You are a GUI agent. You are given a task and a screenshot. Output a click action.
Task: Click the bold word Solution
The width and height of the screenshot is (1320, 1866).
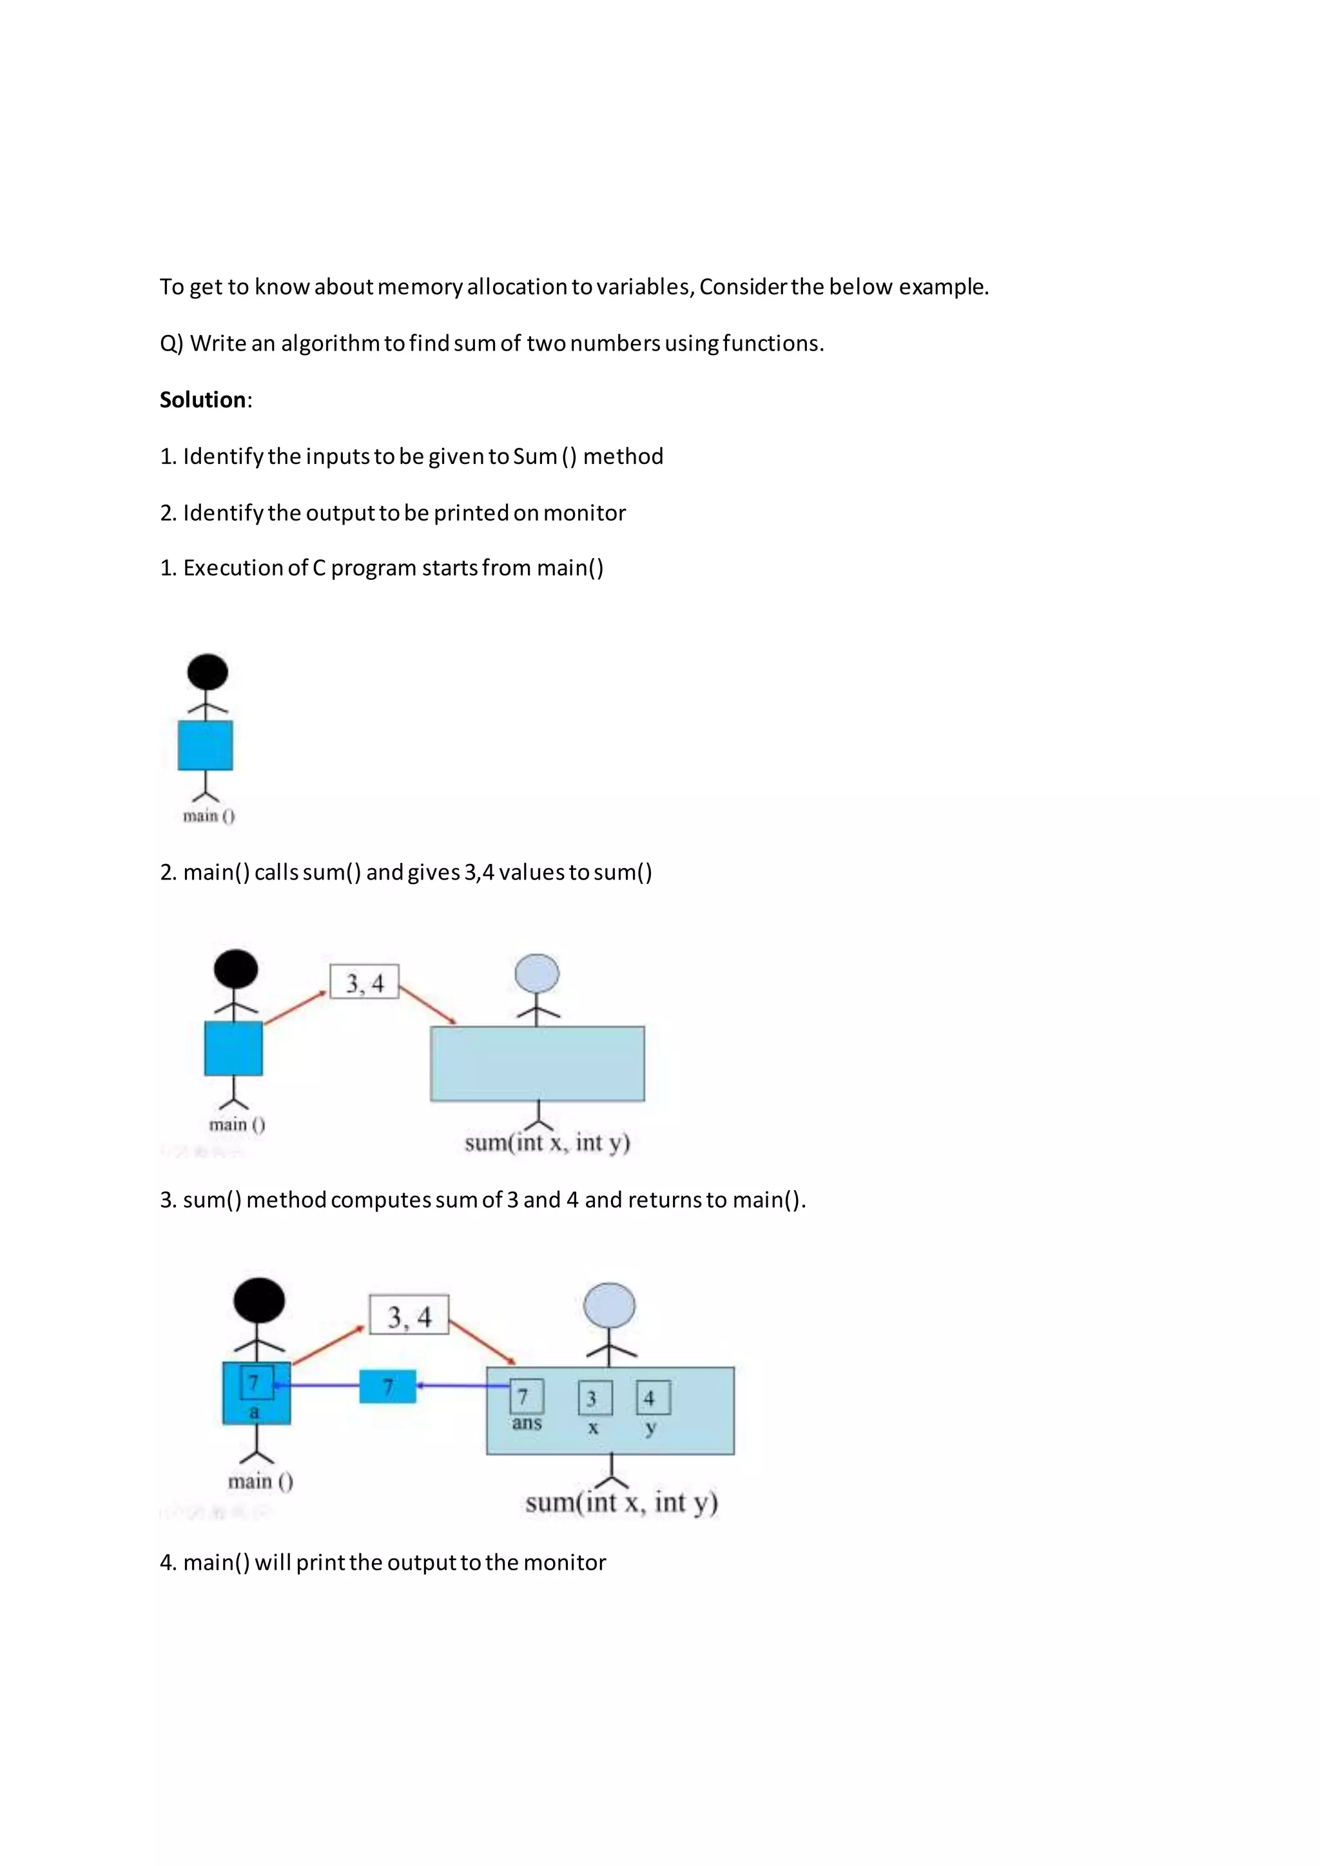pyautogui.click(x=202, y=400)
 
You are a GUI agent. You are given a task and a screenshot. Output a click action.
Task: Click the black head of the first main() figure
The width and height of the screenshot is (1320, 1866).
pyautogui.click(x=208, y=672)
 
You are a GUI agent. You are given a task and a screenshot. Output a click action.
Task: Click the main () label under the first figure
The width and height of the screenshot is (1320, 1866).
pyautogui.click(x=209, y=815)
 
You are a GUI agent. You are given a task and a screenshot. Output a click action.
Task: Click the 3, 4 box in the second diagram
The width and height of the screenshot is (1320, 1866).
pyautogui.click(x=364, y=983)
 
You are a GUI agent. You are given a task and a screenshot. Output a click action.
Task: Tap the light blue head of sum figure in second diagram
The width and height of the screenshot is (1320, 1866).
pyautogui.click(x=538, y=974)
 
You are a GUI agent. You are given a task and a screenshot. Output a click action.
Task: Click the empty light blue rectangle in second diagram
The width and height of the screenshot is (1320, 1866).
pyautogui.click(x=538, y=1064)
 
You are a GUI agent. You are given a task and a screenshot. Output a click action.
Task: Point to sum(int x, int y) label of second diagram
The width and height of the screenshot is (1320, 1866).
pyautogui.click(x=547, y=1142)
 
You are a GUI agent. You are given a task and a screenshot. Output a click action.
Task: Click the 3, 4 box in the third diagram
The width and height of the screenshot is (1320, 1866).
pyautogui.click(x=409, y=1315)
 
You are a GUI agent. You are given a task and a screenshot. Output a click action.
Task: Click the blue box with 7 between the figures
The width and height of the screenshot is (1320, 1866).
pyautogui.click(x=388, y=1387)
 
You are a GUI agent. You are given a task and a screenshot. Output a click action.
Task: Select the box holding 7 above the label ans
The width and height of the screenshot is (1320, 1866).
pyautogui.click(x=526, y=1397)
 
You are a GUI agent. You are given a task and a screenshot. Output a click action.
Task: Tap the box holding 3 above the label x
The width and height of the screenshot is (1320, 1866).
pyautogui.click(x=592, y=1398)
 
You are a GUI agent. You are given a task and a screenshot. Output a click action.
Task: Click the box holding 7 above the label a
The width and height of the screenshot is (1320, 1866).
pyautogui.click(x=256, y=1383)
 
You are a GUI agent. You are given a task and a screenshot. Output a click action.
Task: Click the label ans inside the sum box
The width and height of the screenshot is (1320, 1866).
pyautogui.click(x=527, y=1423)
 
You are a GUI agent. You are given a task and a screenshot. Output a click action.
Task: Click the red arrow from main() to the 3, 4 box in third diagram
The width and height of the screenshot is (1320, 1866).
pyautogui.click(x=327, y=1345)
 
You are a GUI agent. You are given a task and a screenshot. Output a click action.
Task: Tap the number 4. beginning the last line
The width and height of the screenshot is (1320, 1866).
pyautogui.click(x=168, y=1563)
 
